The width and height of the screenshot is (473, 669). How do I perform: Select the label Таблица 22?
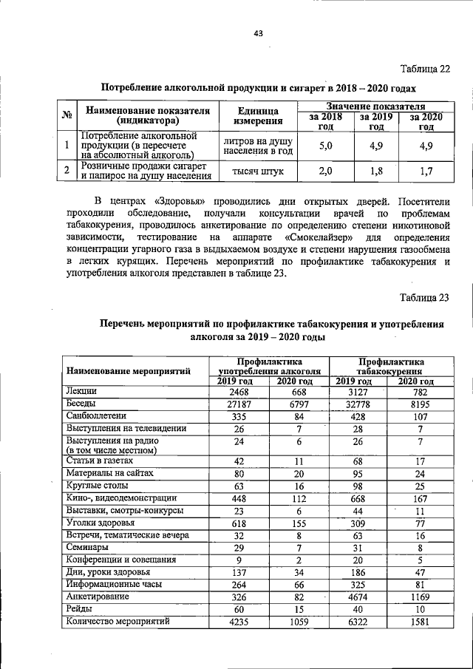click(424, 69)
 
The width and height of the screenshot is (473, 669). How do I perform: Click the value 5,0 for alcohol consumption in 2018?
click(326, 146)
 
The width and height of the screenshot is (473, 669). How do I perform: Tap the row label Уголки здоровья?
click(97, 523)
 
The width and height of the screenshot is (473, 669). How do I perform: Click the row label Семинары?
click(87, 547)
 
